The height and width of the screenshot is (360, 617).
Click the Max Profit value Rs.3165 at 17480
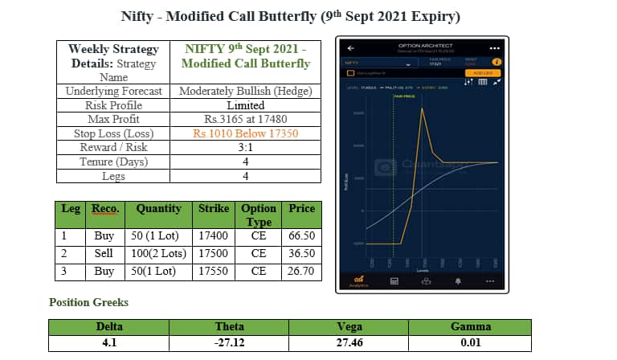[245, 120]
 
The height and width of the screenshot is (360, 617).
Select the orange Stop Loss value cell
[245, 133]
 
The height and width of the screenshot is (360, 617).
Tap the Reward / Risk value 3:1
[245, 148]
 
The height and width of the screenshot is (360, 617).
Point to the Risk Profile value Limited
[245, 105]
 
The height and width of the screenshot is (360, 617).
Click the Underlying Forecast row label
[113, 91]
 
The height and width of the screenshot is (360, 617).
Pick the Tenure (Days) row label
[113, 162]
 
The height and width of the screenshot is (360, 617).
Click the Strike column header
[214, 208]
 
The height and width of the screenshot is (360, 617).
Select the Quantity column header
[159, 208]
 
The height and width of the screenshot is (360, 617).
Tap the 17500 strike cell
[214, 253]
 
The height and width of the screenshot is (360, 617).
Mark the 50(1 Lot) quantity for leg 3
[158, 272]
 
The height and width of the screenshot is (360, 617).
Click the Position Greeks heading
[88, 303]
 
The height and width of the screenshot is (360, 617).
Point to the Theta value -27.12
[230, 343]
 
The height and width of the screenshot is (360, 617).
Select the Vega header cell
[350, 326]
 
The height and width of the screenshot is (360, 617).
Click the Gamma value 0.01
[471, 343]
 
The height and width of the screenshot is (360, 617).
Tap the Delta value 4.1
[109, 343]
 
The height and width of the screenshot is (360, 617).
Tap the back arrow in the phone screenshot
[350, 47]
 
